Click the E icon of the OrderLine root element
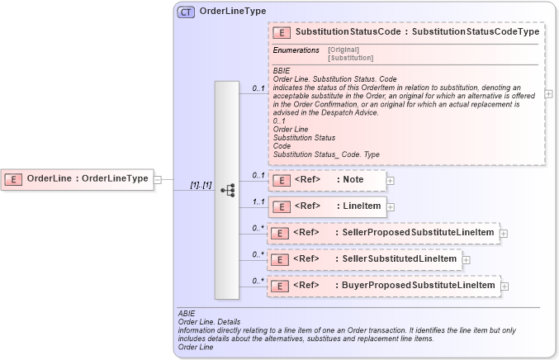(x=13, y=178)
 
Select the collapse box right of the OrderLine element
(x=158, y=178)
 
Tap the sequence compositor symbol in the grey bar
(x=227, y=190)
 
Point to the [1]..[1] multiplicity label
(x=201, y=186)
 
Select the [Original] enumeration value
(x=343, y=50)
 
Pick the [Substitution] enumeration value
(x=350, y=58)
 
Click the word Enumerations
(x=296, y=50)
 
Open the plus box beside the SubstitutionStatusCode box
(x=549, y=94)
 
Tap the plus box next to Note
(x=391, y=180)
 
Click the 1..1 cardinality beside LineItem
(x=258, y=201)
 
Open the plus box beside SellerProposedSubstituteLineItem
(x=504, y=234)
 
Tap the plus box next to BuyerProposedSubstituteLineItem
(x=505, y=287)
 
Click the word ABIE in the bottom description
(x=186, y=314)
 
